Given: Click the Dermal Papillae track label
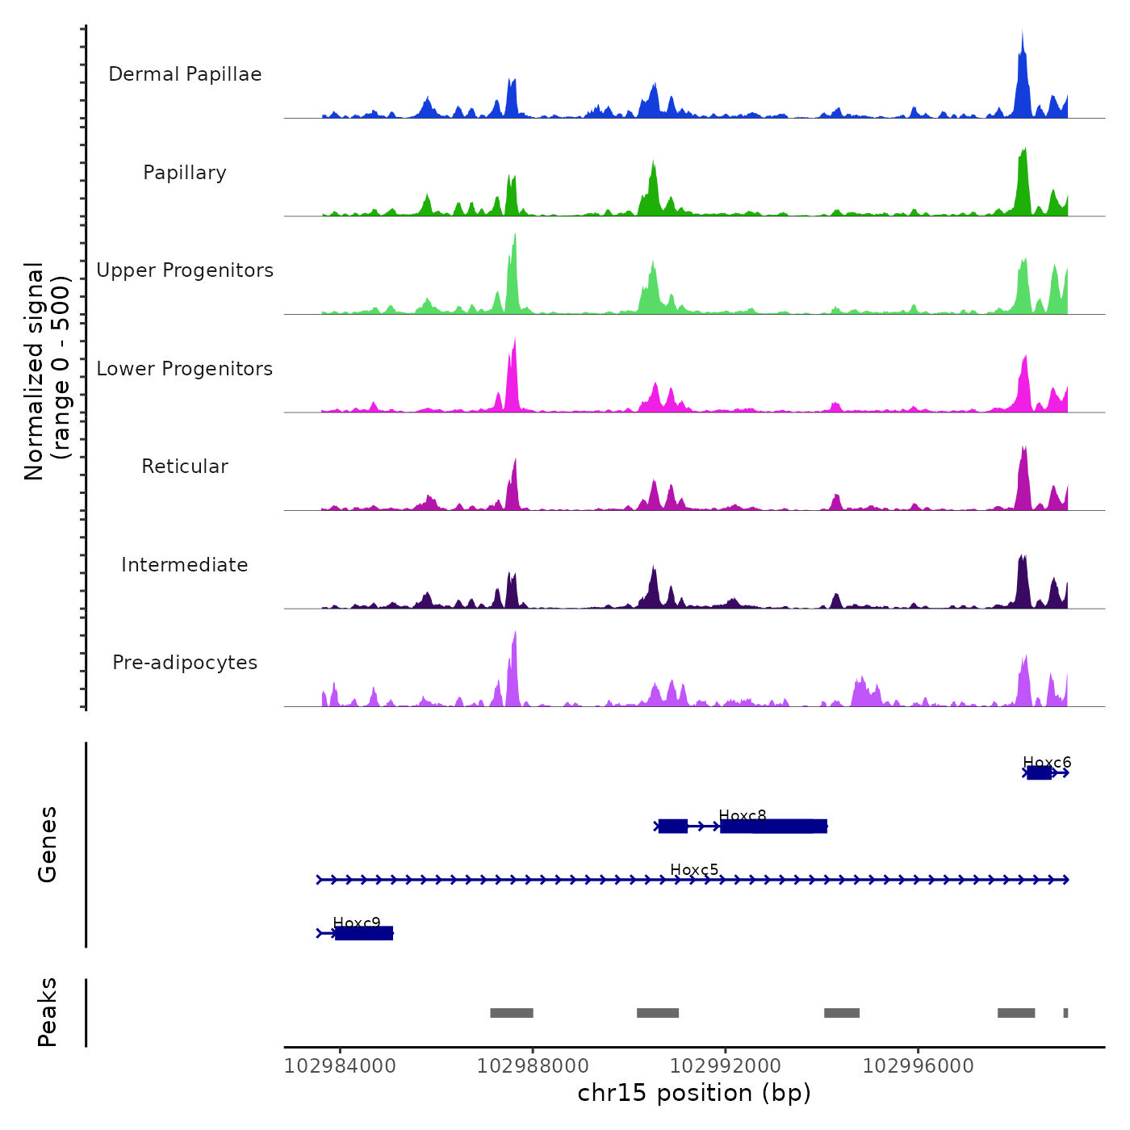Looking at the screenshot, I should (x=185, y=74).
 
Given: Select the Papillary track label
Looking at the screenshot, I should (x=185, y=173).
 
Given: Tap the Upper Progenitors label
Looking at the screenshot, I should (x=185, y=270).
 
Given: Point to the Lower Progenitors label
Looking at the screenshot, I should (x=185, y=369).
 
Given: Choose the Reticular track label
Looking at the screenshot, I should (x=185, y=467).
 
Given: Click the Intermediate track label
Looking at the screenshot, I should (x=185, y=565).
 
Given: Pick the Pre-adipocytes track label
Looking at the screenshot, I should (x=185, y=663).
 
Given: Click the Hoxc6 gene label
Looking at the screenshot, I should (x=1047, y=762).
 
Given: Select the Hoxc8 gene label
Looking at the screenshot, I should (x=743, y=815).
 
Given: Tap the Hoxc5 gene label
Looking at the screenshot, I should (x=694, y=869).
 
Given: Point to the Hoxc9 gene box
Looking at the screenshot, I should (x=364, y=933).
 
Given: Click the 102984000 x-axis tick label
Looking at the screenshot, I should (x=340, y=1066).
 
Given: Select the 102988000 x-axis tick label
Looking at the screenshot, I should (x=533, y=1066).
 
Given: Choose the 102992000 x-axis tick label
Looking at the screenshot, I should (x=726, y=1066).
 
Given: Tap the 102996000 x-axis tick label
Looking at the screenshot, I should (x=919, y=1066).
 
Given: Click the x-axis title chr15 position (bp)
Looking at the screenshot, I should (x=694, y=1093).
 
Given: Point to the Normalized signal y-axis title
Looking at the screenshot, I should (x=47, y=371).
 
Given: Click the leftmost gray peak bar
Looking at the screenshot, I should (x=512, y=1013).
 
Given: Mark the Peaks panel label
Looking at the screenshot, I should (x=48, y=1012).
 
